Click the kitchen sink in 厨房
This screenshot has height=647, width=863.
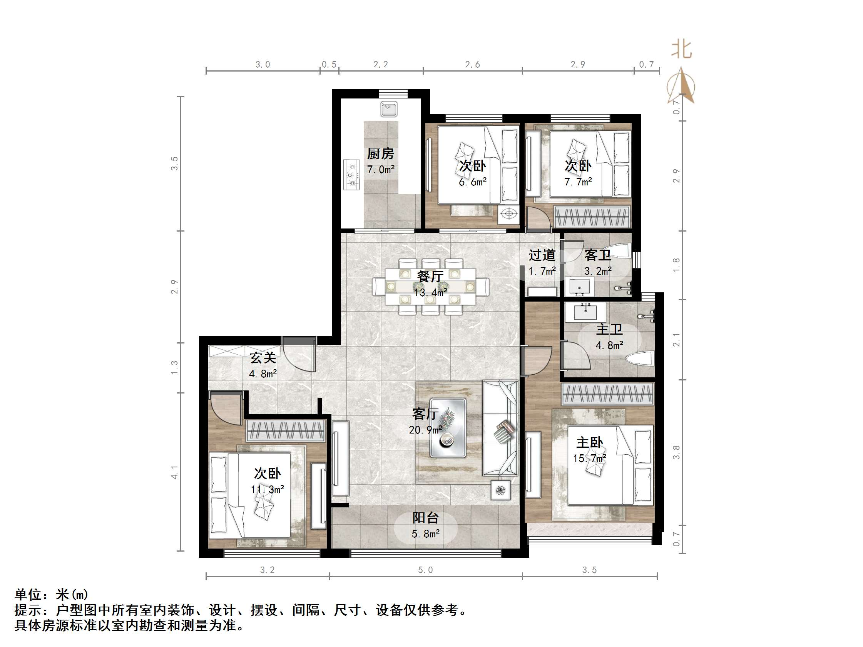tap(389, 109)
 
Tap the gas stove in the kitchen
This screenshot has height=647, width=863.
tap(351, 175)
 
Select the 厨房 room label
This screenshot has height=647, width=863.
tap(380, 153)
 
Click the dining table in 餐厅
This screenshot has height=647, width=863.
tap(430, 287)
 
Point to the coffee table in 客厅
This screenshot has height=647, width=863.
tap(448, 428)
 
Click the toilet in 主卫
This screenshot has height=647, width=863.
tap(640, 359)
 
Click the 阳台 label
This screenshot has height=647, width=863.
tap(425, 518)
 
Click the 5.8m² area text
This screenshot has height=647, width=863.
tap(425, 534)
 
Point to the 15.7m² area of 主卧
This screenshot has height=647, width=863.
tap(589, 458)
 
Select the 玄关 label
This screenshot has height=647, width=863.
tap(263, 358)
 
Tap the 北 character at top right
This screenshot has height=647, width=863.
tap(682, 50)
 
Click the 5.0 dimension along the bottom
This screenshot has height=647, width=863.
tap(425, 570)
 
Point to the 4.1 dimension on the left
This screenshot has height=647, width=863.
tap(174, 472)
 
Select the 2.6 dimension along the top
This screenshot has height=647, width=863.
tap(472, 64)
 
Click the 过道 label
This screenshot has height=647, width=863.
tap(542, 255)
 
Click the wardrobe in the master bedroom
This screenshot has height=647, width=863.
tap(608, 394)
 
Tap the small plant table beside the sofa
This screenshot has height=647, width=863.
tap(500, 490)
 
